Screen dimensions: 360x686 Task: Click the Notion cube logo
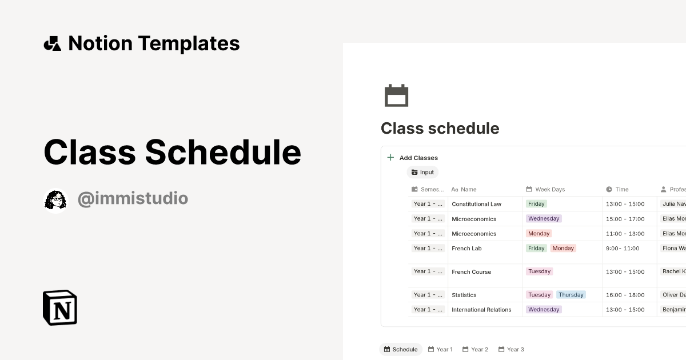[x=60, y=307]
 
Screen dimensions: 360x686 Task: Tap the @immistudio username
[x=133, y=199]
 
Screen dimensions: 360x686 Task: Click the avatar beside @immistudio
[x=55, y=199]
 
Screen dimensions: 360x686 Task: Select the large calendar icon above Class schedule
[x=396, y=95]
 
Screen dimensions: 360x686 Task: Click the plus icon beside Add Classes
[x=390, y=158]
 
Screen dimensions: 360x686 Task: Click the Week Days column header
[x=549, y=189]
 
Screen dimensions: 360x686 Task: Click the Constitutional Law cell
[x=476, y=204]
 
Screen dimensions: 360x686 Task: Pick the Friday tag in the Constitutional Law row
[x=536, y=204]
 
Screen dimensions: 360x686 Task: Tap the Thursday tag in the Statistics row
[x=571, y=295]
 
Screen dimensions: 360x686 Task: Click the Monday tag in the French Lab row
[x=563, y=249]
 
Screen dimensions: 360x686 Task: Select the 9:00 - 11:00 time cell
[x=623, y=249]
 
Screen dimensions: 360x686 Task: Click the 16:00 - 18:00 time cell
[x=625, y=295]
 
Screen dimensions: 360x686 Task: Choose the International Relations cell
[x=481, y=310]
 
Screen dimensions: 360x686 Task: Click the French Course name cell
[x=471, y=272]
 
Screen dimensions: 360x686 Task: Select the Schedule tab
[x=401, y=349]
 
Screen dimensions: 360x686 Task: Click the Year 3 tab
[x=511, y=349]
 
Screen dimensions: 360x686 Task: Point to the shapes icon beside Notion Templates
[x=53, y=43]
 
